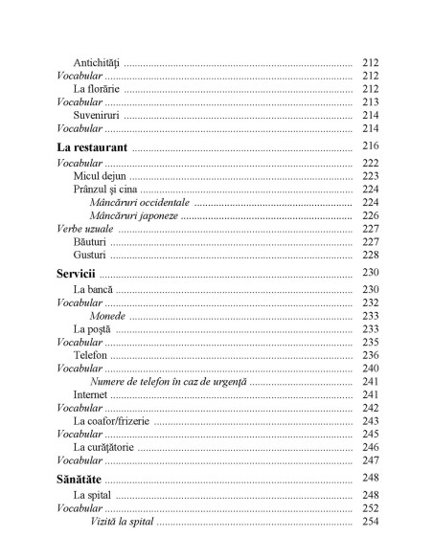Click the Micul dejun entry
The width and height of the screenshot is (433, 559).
[x=101, y=176]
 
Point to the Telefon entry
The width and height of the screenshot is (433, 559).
[x=90, y=354]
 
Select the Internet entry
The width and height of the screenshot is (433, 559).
[x=91, y=394]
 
